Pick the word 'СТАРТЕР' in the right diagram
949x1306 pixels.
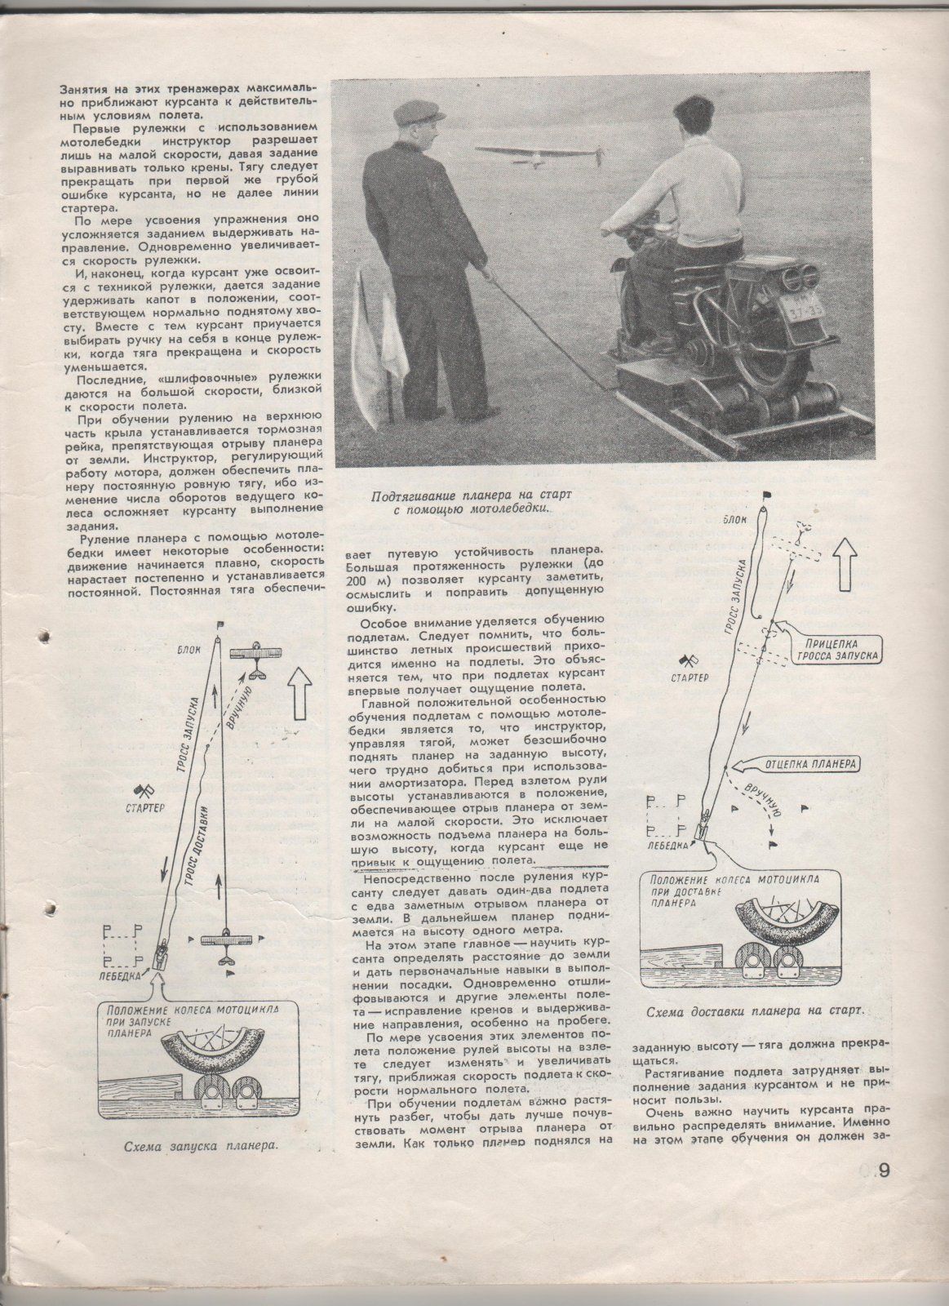click(690, 677)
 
